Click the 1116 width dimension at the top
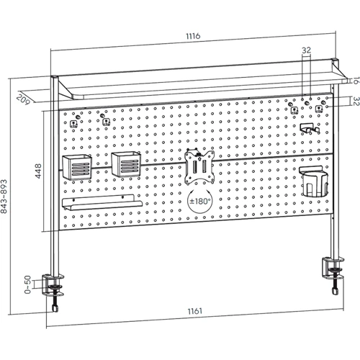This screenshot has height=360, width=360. pos(193,36)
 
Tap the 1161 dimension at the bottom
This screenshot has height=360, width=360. pos(195,311)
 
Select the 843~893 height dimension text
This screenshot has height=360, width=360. pos(4,197)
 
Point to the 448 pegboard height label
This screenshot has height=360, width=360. pos(38,171)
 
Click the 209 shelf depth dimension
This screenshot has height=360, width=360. pos(23,99)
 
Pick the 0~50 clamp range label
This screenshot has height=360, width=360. pos(27,284)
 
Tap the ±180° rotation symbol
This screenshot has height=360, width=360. pos(200,201)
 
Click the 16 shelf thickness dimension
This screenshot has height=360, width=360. pos(356,81)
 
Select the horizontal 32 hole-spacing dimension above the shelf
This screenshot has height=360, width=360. pos(306,50)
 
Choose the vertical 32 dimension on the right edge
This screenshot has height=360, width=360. pos(356,102)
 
